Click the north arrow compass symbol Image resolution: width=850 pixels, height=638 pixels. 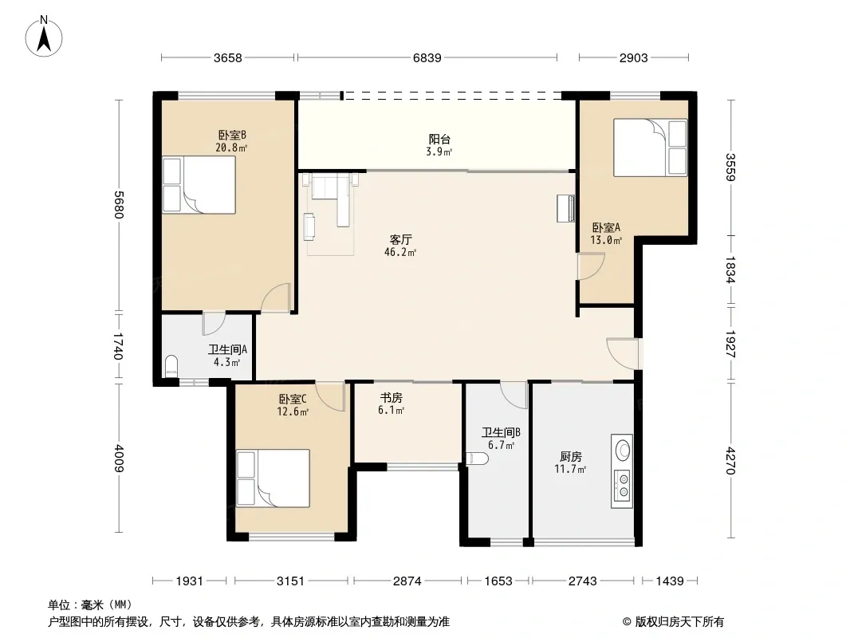click(44, 37)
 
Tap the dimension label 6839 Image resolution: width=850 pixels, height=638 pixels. click(427, 58)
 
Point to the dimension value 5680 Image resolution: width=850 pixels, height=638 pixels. click(120, 205)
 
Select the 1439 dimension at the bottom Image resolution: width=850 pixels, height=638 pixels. click(670, 581)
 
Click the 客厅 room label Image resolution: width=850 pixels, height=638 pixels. click(400, 239)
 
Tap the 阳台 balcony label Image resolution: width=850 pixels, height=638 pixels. click(439, 140)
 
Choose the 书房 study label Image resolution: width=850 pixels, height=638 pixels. click(391, 398)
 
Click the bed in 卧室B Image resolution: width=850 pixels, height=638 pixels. click(199, 185)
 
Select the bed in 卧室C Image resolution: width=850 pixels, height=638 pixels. click(273, 478)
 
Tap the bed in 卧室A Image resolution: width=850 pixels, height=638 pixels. click(651, 148)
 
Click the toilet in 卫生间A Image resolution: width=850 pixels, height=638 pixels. click(171, 365)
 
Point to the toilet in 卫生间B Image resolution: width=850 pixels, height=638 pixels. click(477, 459)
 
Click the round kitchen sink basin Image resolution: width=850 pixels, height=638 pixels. click(623, 450)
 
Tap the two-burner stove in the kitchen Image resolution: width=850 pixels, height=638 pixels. click(622, 485)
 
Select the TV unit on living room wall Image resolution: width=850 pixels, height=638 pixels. click(566, 209)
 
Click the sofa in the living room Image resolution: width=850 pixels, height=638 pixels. click(332, 199)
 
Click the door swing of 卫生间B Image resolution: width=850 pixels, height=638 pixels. click(514, 395)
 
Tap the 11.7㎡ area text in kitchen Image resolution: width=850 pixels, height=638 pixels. click(570, 470)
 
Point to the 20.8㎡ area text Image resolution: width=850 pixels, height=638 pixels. click(231, 148)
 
